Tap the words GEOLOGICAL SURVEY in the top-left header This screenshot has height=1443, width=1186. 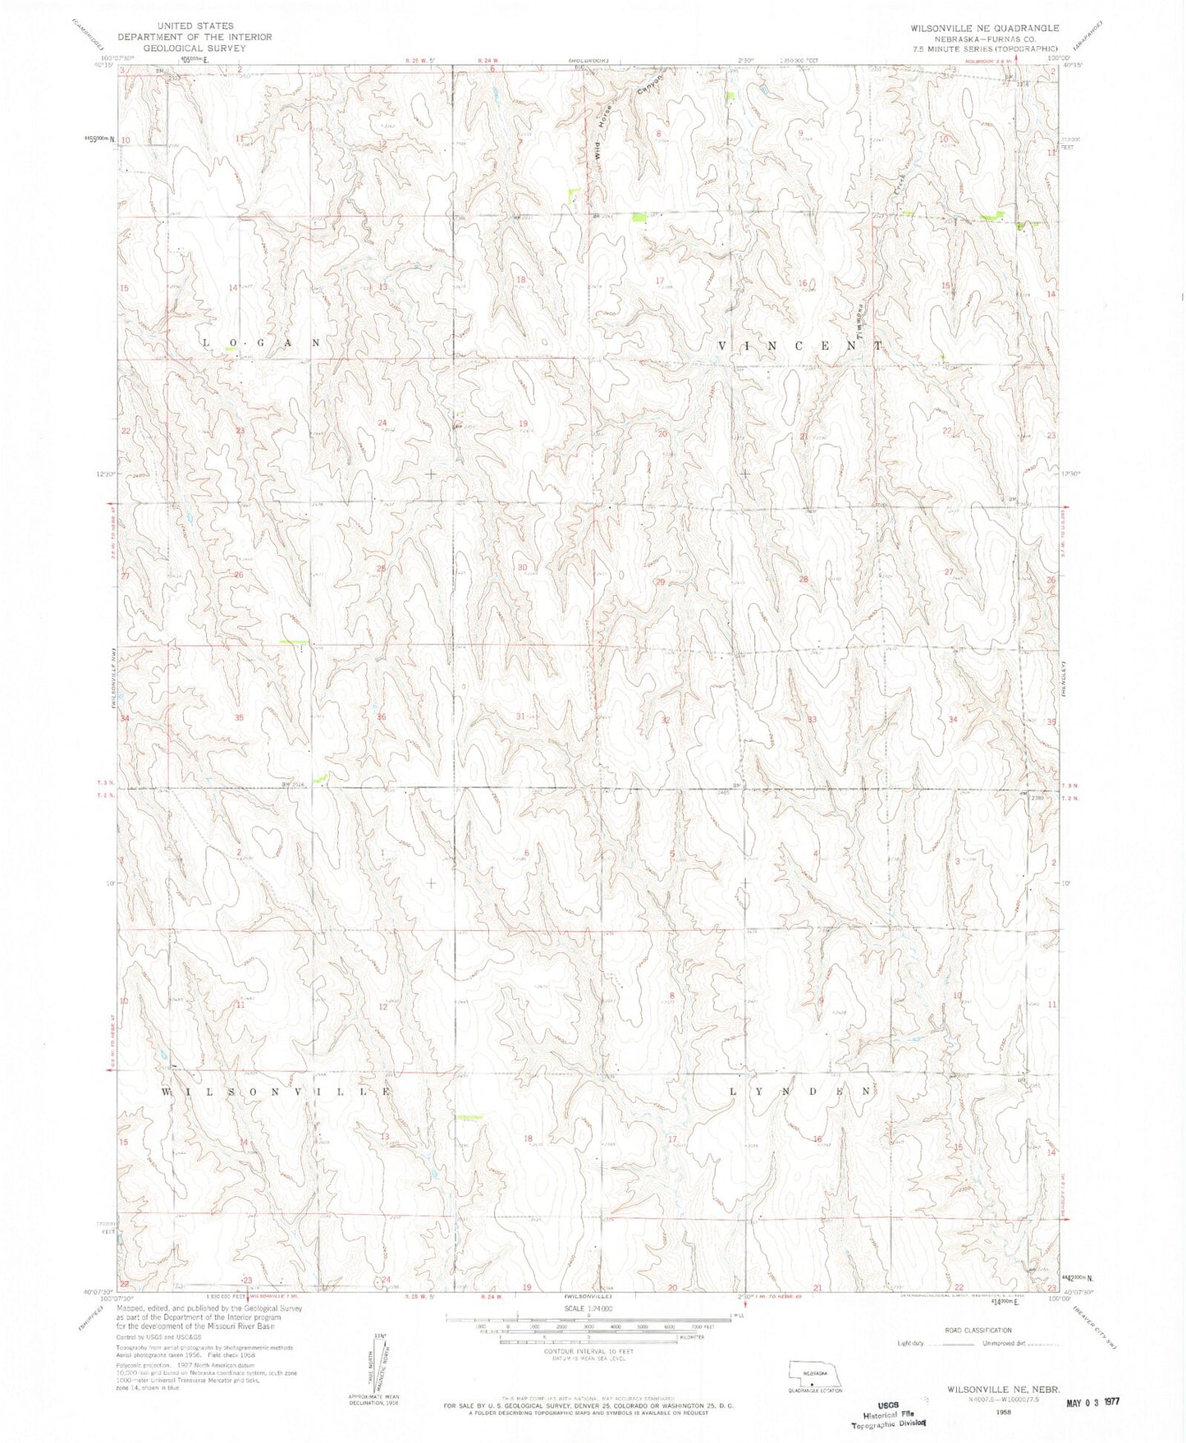click(195, 48)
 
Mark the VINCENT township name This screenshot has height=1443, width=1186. click(800, 346)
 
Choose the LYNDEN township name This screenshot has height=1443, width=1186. click(800, 1092)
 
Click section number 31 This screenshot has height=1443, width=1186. click(520, 717)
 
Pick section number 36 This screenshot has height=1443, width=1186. click(381, 717)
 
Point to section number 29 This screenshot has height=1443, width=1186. click(659, 582)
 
